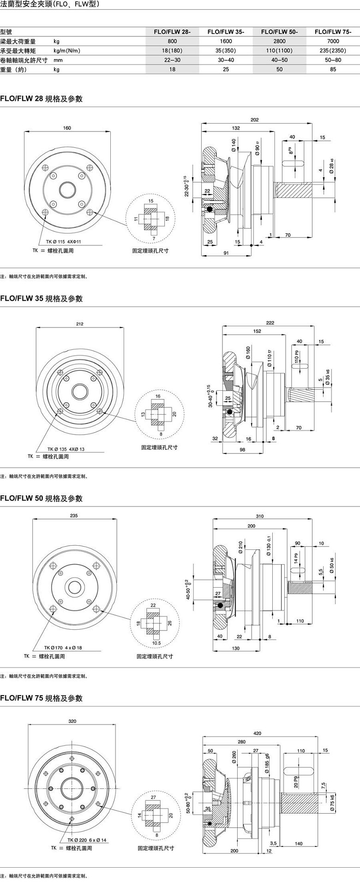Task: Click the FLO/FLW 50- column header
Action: tap(279, 32)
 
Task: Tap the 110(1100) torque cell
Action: tap(279, 51)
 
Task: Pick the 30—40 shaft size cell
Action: tap(226, 60)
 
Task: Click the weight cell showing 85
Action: tap(333, 70)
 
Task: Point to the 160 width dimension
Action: tap(67, 128)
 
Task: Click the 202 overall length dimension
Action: tap(254, 120)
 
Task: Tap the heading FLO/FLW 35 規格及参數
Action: tap(42, 298)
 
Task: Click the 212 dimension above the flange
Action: tap(80, 324)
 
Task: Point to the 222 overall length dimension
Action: tap(270, 323)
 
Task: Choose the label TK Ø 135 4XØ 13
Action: tap(66, 449)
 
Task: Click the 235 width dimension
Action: tap(74, 516)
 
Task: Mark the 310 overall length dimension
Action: tap(260, 516)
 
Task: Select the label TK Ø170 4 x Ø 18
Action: tap(63, 648)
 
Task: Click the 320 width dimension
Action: tap(72, 721)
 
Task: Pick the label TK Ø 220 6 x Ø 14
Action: tap(87, 840)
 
